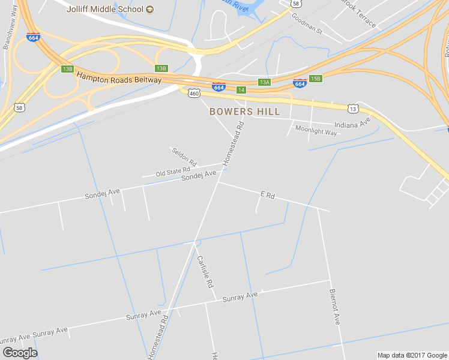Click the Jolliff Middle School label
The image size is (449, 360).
point(104,9)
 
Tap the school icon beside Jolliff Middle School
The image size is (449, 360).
point(150,9)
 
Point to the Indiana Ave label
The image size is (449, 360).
point(352,125)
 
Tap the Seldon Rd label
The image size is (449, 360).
point(184,157)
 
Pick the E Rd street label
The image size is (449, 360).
point(267,195)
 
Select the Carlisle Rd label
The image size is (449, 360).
point(205,271)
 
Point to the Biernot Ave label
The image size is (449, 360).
point(334,307)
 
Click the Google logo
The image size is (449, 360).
point(20,353)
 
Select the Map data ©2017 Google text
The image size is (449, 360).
point(412,355)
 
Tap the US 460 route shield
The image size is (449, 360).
point(193,93)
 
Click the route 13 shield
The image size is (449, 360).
point(353,108)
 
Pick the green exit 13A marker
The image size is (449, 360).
point(264,82)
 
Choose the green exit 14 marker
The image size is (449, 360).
point(241,89)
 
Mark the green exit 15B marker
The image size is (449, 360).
point(316,79)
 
